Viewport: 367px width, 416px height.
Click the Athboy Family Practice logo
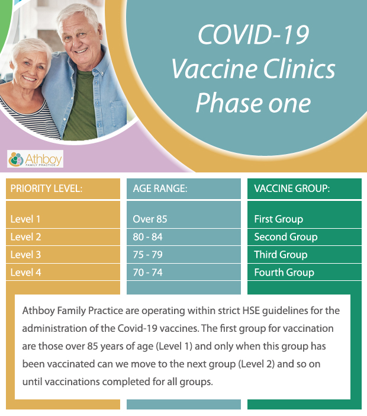[x=36, y=159]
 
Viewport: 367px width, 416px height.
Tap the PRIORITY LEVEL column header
[x=63, y=188]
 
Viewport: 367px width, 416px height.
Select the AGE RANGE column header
[x=183, y=188]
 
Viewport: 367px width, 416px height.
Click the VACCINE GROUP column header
[x=304, y=188]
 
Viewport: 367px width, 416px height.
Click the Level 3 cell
[x=63, y=255]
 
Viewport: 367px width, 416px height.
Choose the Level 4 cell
[x=63, y=272]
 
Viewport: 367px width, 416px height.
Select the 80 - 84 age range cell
[x=183, y=237]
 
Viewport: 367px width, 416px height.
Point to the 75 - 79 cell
[x=183, y=255]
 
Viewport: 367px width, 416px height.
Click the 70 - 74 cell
[x=183, y=272]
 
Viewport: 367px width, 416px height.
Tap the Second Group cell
[x=304, y=237]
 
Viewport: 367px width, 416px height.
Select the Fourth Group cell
[x=304, y=272]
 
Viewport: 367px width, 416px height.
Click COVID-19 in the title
[x=253, y=34]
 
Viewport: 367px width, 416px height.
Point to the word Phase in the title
[x=229, y=103]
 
